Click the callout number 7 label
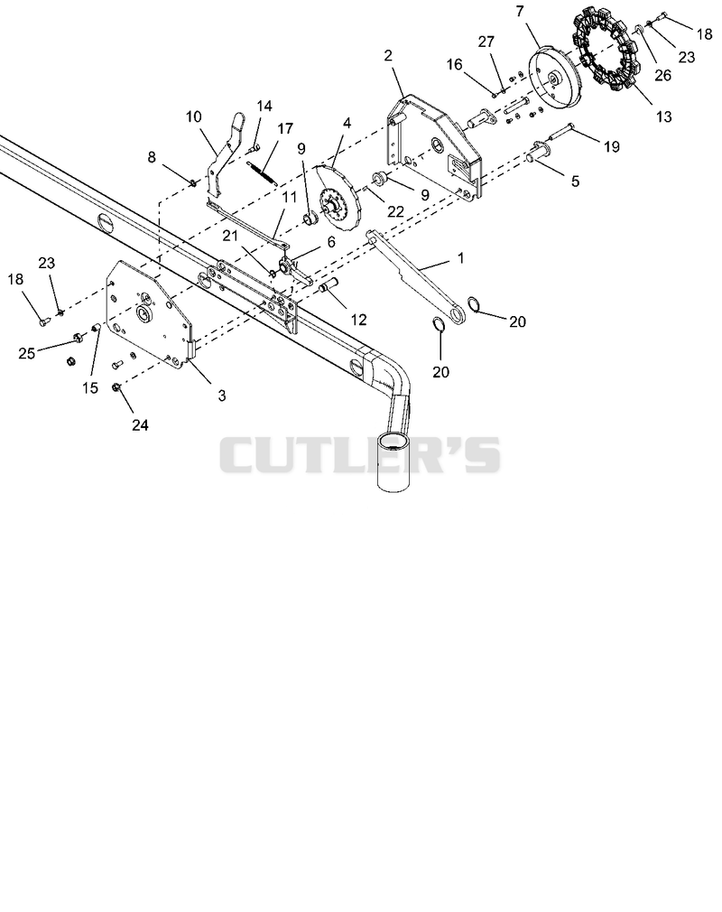pos(519,11)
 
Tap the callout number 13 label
pos(663,116)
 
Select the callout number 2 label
pos(388,56)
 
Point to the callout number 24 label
pos(140,425)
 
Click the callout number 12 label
pos(358,320)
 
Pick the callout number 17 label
pos(285,128)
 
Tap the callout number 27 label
pos(486,42)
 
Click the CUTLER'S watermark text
pos(359,455)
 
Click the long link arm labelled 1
pos(416,278)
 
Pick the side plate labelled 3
pos(149,314)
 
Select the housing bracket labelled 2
pos(433,147)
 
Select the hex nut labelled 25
pos(76,338)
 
